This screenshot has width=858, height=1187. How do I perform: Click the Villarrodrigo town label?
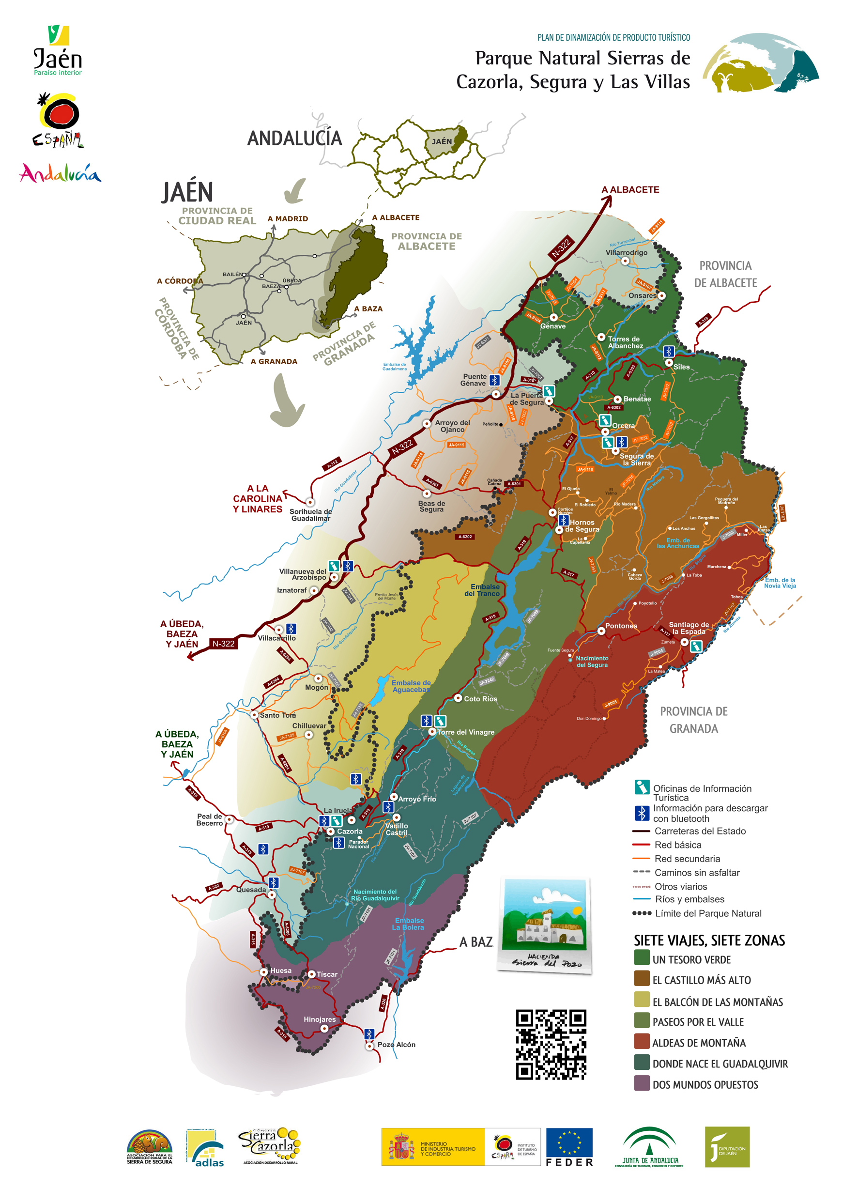coord(626,252)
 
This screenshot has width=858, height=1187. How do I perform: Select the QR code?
coord(551,1044)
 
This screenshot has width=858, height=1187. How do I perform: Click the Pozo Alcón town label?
coord(396,1044)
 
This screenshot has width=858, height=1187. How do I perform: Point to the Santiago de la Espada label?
coord(689,628)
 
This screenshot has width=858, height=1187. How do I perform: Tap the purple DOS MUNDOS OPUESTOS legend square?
coord(642,1083)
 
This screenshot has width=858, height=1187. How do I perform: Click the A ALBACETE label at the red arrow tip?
coord(630,189)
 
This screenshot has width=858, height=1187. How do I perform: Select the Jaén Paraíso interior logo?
coord(58,51)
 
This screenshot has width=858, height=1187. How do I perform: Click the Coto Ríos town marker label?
coord(480,699)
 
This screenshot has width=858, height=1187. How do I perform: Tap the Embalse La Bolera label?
coord(409,924)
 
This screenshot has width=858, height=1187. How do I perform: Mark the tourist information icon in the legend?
coord(642,786)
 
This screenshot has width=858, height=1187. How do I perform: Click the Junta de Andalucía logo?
coord(649,1147)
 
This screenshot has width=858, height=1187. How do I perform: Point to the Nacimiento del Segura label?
coord(592,662)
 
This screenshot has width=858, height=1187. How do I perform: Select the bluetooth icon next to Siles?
coord(668,351)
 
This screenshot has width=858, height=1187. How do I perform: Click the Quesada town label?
coord(251,890)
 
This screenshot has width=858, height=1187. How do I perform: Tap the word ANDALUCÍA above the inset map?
coord(294,138)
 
